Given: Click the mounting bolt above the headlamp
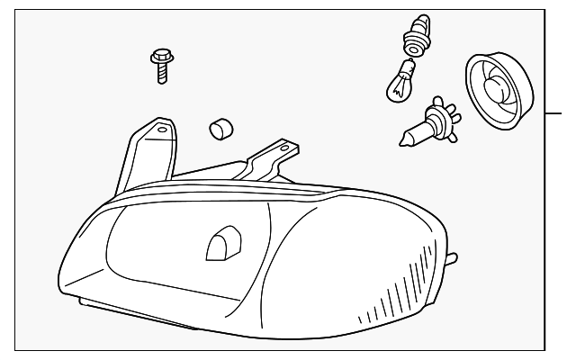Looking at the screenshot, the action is click(x=162, y=66).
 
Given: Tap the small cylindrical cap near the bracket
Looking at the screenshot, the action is click(x=218, y=130).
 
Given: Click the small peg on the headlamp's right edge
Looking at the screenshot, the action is click(x=451, y=260).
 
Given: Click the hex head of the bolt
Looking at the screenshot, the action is click(x=160, y=57).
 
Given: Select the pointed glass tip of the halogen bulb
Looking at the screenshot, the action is click(x=404, y=138).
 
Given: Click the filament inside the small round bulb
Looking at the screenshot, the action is click(x=399, y=87).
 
